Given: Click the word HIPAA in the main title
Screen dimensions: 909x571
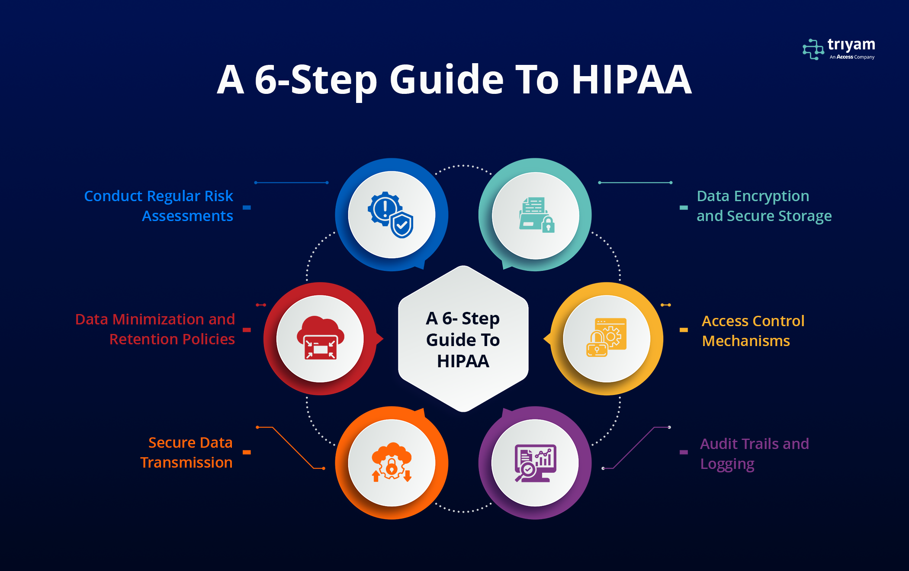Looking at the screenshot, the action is (632, 80).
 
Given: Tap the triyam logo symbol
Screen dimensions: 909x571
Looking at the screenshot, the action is (813, 49).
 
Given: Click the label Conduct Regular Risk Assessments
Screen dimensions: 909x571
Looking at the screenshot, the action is (158, 206).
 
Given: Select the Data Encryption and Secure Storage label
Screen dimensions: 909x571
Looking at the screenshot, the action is (764, 206).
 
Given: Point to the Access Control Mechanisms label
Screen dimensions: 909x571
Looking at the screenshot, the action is (753, 331).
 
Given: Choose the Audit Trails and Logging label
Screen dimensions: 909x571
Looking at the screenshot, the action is (755, 454).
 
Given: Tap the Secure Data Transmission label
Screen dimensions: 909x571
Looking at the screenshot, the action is (186, 452).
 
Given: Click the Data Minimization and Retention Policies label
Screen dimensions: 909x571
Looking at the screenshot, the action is (155, 329).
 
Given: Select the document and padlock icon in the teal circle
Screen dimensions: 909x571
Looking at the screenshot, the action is (536, 215).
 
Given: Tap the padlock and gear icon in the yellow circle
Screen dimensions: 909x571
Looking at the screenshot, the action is (606, 337).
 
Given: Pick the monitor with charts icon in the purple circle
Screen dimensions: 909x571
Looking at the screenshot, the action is (535, 463).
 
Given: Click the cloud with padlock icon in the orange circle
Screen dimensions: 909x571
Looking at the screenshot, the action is (392, 462).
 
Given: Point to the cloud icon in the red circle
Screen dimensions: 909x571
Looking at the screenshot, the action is (320, 338).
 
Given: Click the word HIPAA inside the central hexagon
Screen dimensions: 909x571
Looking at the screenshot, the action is (463, 361).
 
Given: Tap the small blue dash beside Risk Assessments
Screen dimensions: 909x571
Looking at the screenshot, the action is (247, 208).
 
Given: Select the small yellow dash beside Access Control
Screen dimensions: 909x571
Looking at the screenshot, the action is (684, 330).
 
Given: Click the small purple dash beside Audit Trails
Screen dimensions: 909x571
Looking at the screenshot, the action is (684, 452).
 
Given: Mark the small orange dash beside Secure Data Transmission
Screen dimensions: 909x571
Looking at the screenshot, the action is (247, 452).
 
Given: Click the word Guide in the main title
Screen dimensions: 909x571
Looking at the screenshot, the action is (446, 80).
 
